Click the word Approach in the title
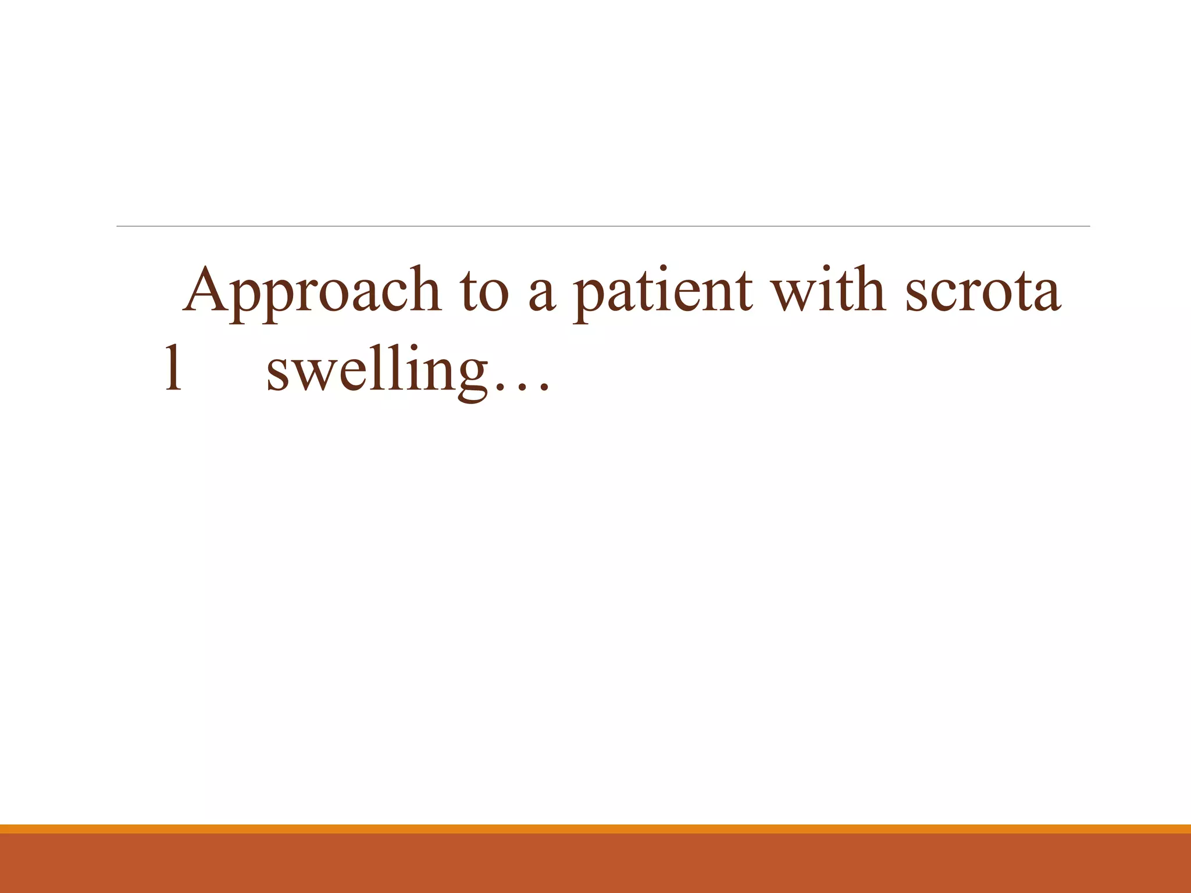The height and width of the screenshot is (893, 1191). (x=312, y=291)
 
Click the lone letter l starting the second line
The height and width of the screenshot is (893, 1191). (x=173, y=369)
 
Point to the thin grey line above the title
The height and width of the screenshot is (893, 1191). (x=602, y=226)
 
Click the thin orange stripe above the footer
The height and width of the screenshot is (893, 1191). (x=595, y=828)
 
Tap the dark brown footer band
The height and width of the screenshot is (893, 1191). (x=595, y=864)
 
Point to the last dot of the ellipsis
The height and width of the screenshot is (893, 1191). (x=543, y=389)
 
